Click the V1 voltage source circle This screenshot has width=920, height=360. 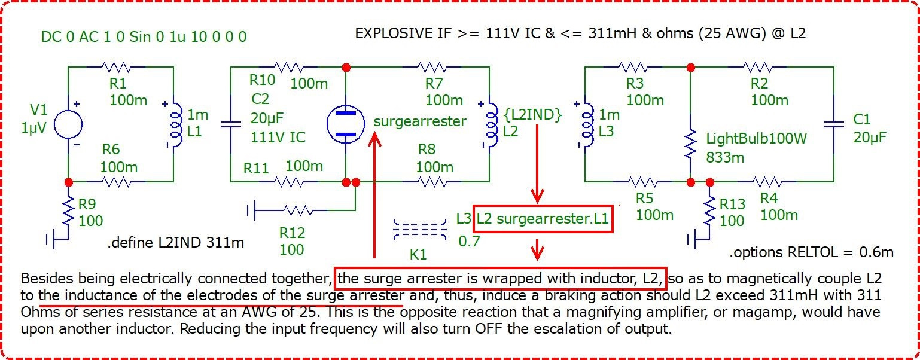click(68, 124)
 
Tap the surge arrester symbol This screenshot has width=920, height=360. click(345, 124)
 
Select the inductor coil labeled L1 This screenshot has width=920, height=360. click(176, 124)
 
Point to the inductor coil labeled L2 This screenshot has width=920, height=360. click(492, 124)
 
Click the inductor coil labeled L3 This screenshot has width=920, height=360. click(588, 124)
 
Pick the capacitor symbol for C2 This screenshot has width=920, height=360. click(231, 124)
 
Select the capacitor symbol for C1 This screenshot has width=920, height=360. click(834, 124)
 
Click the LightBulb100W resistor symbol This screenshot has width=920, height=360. click(691, 144)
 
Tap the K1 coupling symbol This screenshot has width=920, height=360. click(420, 229)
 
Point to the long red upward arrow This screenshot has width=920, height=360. click(374, 195)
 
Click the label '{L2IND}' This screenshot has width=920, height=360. click(533, 115)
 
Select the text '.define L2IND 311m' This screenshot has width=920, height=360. click(176, 243)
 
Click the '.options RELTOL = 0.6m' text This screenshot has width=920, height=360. click(811, 252)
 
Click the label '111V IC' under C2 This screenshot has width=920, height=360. click(278, 137)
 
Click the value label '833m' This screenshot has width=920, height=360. click(725, 157)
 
